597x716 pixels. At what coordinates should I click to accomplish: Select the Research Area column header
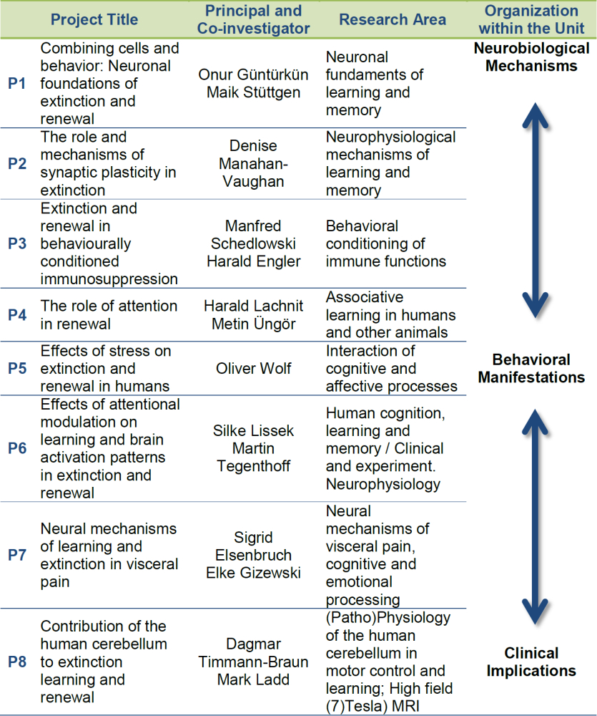[x=393, y=19]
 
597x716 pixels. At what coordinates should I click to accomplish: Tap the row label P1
[x=17, y=84]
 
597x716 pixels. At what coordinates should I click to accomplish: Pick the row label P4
[x=17, y=315]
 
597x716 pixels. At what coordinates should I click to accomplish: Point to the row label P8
[x=17, y=662]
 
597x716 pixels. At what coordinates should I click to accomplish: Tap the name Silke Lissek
[x=253, y=431]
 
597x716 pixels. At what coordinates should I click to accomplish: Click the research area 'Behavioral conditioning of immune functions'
[x=386, y=243]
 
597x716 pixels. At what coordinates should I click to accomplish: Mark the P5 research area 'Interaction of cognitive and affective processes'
[x=392, y=369]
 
